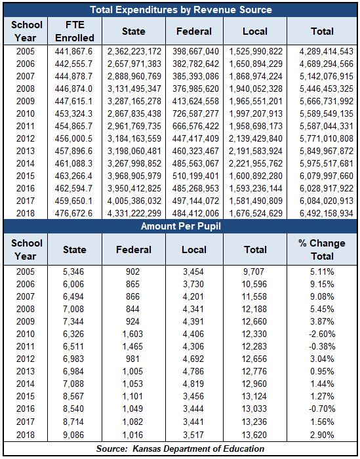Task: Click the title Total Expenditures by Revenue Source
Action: [181, 10]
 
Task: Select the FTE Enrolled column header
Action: [75, 31]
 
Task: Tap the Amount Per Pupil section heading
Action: [181, 226]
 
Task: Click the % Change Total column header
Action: [322, 250]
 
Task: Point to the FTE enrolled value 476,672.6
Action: [73, 213]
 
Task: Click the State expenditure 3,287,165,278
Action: [134, 101]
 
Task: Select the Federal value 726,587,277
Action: [195, 113]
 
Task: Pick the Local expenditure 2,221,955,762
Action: [256, 163]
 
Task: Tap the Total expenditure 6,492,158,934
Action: [327, 213]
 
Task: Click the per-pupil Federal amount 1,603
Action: [132, 334]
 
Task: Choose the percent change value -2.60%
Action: [322, 334]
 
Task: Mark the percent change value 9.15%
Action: [322, 284]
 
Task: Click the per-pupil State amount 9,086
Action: [73, 435]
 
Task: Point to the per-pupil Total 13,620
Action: [254, 435]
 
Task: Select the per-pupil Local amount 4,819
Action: [193, 384]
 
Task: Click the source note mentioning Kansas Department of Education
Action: [180, 449]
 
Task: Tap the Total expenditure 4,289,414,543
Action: [327, 52]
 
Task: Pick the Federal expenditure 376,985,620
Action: [195, 89]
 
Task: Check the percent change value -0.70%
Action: [322, 409]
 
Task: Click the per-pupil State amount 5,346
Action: [73, 271]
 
